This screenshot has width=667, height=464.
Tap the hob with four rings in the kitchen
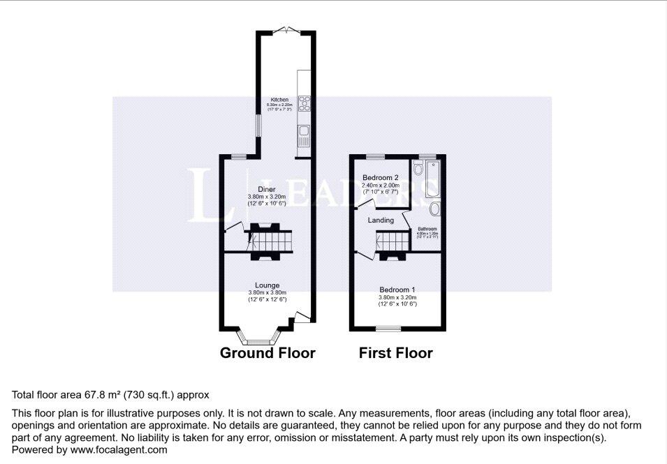tap(305, 103)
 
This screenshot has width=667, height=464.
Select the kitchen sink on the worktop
tap(304, 131)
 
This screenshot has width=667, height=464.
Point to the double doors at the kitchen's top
tap(287, 30)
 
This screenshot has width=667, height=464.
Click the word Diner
tap(266, 189)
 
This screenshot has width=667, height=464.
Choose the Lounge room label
tap(267, 285)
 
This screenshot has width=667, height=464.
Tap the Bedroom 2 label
tap(380, 178)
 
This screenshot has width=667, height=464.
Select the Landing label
tap(381, 220)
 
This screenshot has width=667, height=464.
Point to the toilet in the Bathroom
tap(417, 169)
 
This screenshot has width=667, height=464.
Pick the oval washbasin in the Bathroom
tap(434, 209)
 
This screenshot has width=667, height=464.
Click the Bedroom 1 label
tap(397, 290)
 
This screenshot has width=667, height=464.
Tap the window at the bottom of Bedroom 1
tap(388, 328)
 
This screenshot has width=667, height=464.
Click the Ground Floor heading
tap(267, 353)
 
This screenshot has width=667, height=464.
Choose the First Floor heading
tap(395, 353)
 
